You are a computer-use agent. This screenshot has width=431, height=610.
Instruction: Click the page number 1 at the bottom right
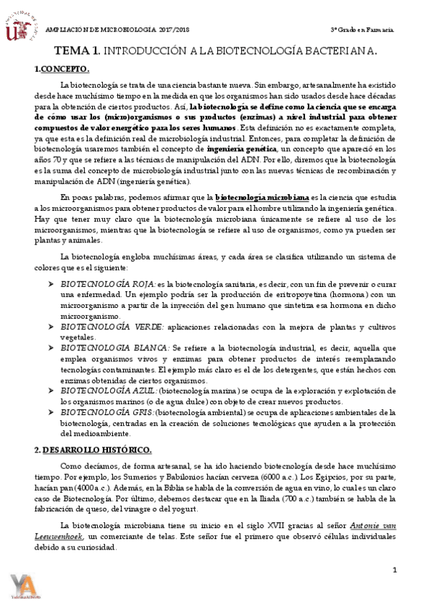point(394,570)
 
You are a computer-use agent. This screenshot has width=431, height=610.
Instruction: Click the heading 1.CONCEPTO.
point(62,69)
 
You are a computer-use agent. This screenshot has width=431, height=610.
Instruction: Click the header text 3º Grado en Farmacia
point(362,30)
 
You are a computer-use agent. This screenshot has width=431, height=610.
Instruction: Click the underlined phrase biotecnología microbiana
point(263,196)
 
